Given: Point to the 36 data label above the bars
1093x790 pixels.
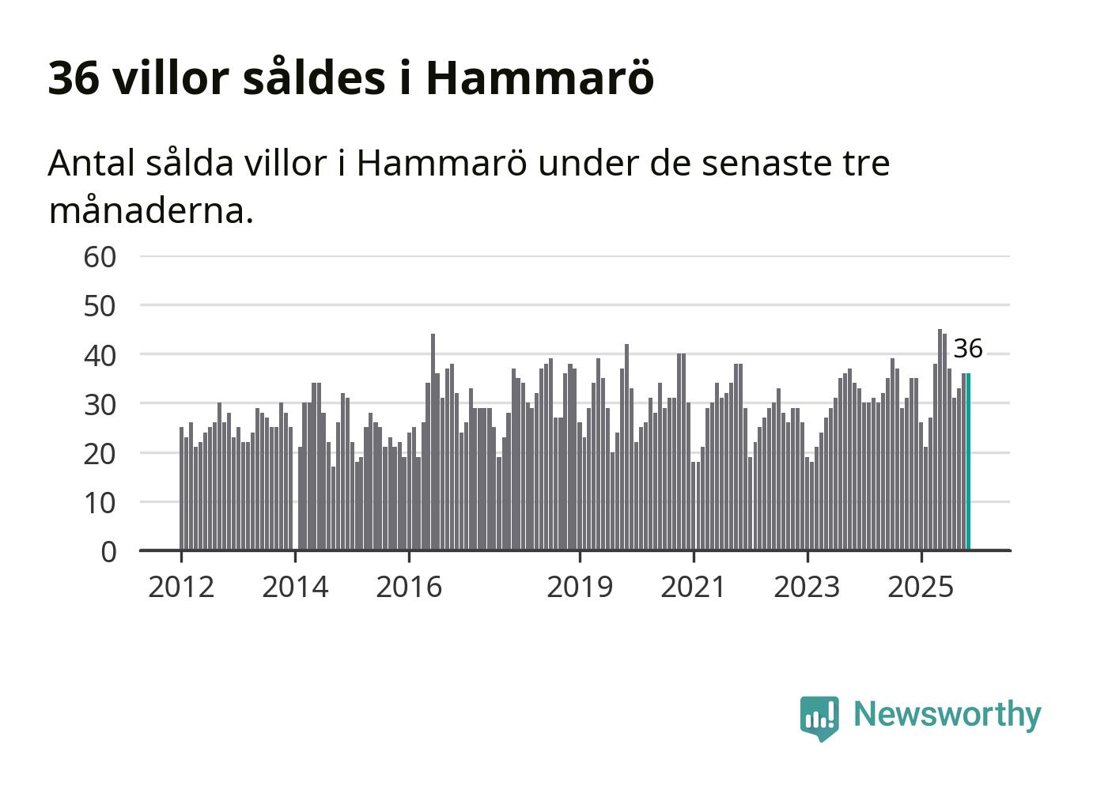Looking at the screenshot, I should coord(967,349).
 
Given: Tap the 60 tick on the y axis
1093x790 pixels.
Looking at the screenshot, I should coord(100,257).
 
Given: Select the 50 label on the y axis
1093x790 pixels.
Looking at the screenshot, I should coord(100,306).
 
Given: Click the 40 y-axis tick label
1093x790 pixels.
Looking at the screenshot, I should coord(100,355).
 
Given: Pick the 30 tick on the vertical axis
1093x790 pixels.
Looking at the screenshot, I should coord(100,404).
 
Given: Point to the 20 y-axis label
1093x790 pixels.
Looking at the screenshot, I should coord(100,453).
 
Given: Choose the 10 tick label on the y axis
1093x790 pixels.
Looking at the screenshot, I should coord(100,502).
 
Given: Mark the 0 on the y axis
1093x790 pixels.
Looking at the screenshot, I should coord(108,551).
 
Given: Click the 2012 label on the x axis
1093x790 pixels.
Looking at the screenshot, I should coord(181,587).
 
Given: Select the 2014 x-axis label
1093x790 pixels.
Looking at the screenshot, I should coord(295,587).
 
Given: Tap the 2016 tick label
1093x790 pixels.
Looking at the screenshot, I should coord(409,587).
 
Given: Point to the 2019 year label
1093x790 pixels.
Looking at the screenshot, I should coord(580,587).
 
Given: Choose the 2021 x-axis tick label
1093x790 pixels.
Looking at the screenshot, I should coord(694,587).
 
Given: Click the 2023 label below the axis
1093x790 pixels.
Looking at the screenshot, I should coord(807,587).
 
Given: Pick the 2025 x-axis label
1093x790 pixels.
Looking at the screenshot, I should coord(921,587).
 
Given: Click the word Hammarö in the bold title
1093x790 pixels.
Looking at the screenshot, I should coord(540,77).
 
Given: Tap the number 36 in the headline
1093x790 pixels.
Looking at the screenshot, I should coord(74,77).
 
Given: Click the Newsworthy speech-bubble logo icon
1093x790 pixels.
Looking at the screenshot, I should coord(819,717).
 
